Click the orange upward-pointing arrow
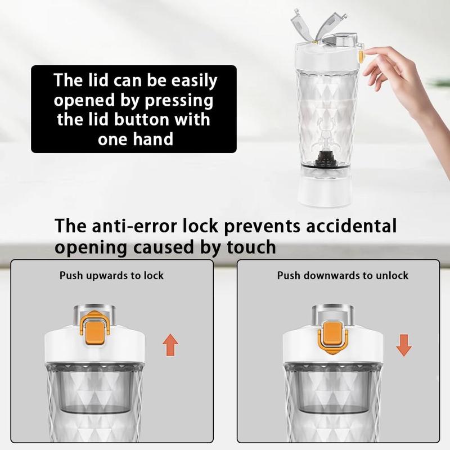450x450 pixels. [170, 345]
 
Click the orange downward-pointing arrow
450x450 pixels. [404, 345]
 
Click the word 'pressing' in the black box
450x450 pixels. [179, 101]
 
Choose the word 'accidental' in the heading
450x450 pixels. [351, 226]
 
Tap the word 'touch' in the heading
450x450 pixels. [251, 247]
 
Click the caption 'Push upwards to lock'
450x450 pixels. [111, 276]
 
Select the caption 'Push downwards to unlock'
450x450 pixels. [343, 276]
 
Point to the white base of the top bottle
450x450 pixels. [325, 192]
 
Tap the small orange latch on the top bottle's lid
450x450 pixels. [362, 54]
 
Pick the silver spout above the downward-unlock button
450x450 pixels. [332, 315]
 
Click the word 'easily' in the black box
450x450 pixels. [194, 81]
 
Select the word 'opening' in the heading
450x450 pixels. [91, 247]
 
